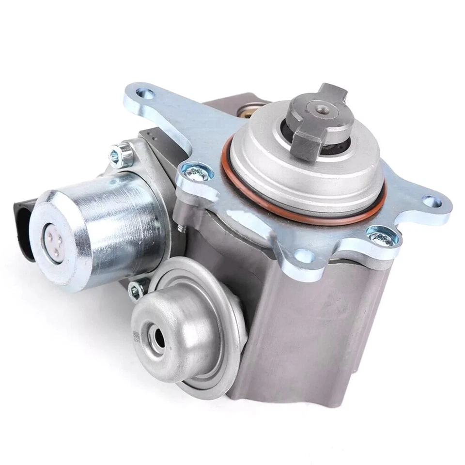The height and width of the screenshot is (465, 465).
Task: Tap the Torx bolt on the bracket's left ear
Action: [x=192, y=171]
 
